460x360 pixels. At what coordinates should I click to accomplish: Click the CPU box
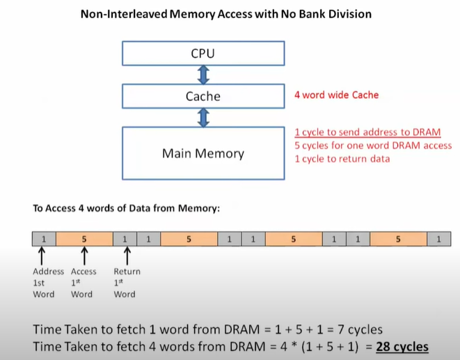(203, 53)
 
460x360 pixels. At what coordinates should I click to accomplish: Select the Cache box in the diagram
(203, 96)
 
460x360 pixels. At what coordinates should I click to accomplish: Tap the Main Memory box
(203, 152)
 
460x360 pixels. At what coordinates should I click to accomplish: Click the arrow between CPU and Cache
(204, 75)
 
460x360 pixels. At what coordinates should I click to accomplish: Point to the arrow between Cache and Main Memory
(204, 118)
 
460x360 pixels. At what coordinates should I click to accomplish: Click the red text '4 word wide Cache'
(336, 95)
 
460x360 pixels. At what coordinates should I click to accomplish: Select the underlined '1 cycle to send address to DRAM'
(367, 132)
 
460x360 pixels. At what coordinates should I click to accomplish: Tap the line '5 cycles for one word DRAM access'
(373, 146)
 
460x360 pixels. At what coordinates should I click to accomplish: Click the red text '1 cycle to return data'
(342, 159)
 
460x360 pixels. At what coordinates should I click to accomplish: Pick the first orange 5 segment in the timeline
(84, 239)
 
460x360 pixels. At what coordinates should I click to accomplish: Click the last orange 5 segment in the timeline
(398, 239)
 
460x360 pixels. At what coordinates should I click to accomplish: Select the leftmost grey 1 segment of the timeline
(44, 239)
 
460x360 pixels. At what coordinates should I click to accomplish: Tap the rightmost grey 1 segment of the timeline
(438, 239)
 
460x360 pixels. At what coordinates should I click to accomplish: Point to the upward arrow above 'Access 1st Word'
(84, 256)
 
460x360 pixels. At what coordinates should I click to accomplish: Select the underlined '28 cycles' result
(402, 347)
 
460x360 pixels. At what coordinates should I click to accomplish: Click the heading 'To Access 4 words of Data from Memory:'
(126, 208)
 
